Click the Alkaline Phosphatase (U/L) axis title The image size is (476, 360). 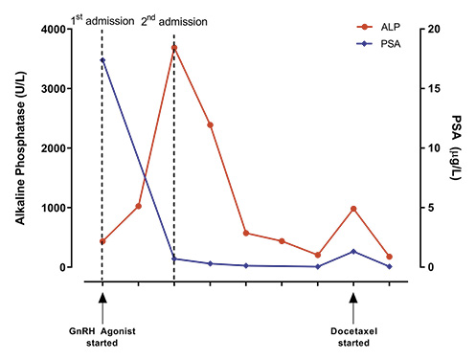click(x=21, y=148)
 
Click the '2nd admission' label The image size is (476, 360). click(x=172, y=19)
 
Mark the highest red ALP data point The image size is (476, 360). click(x=174, y=48)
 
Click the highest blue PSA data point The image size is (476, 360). click(x=102, y=60)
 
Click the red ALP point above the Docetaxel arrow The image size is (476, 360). click(x=353, y=209)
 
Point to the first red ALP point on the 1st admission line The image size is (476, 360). click(x=102, y=241)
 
